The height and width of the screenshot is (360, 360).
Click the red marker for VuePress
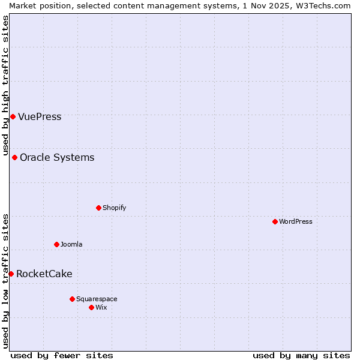click(x=13, y=116)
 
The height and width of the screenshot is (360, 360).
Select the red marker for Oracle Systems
click(x=14, y=157)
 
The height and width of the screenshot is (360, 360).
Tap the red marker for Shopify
click(x=98, y=208)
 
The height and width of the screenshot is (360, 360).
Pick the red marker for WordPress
click(x=275, y=221)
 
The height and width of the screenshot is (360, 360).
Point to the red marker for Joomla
click(x=56, y=244)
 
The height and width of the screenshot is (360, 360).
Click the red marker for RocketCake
click(x=11, y=274)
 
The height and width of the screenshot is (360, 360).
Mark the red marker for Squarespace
click(x=72, y=299)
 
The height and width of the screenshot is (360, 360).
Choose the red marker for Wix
click(x=91, y=307)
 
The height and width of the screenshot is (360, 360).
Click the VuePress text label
click(x=40, y=116)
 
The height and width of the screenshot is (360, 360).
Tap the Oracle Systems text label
click(x=57, y=157)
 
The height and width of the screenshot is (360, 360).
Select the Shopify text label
click(x=114, y=208)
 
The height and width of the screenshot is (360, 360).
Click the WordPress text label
click(x=295, y=221)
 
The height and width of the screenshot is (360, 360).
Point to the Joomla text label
click(x=71, y=244)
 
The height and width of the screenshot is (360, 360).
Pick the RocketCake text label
click(x=44, y=274)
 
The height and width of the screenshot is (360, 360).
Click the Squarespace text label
click(x=97, y=299)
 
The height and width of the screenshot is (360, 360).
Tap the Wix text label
click(x=101, y=307)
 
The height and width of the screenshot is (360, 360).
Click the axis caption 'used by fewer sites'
click(x=62, y=355)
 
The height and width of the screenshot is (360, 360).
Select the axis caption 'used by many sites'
click(x=301, y=355)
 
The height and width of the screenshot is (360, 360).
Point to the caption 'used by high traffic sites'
click(x=5, y=85)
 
